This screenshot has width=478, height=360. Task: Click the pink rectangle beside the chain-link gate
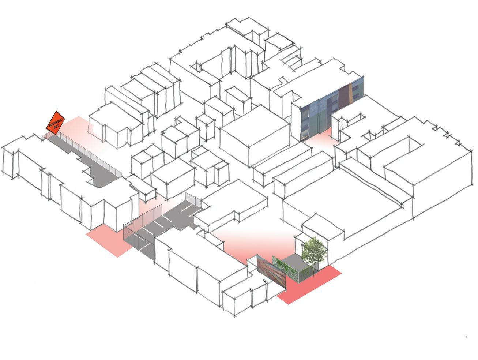[x=108, y=241]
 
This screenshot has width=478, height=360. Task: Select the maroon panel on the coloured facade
[x=344, y=96]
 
